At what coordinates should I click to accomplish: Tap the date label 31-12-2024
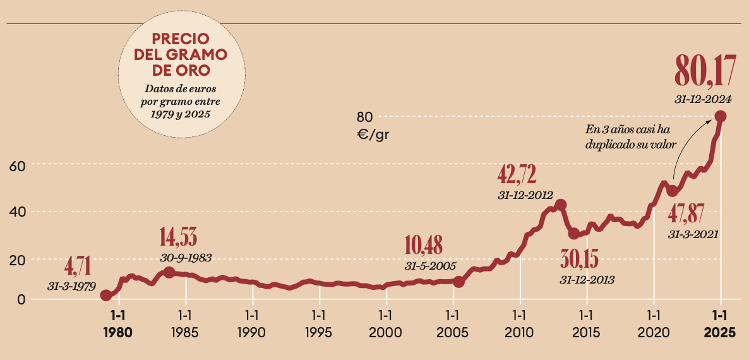point(702,99)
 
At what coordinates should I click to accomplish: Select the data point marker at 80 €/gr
point(720,116)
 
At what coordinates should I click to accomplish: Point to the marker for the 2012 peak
point(560,205)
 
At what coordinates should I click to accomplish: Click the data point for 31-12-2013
point(573,234)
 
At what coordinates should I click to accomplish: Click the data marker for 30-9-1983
point(169,272)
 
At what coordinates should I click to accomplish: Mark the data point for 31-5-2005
point(459,282)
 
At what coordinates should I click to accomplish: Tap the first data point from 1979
point(106,296)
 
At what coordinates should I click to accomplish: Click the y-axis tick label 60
point(16,166)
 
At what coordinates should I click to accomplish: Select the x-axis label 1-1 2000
point(385,323)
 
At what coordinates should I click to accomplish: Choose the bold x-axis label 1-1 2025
point(719,323)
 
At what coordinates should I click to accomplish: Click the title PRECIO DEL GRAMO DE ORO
point(181,54)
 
